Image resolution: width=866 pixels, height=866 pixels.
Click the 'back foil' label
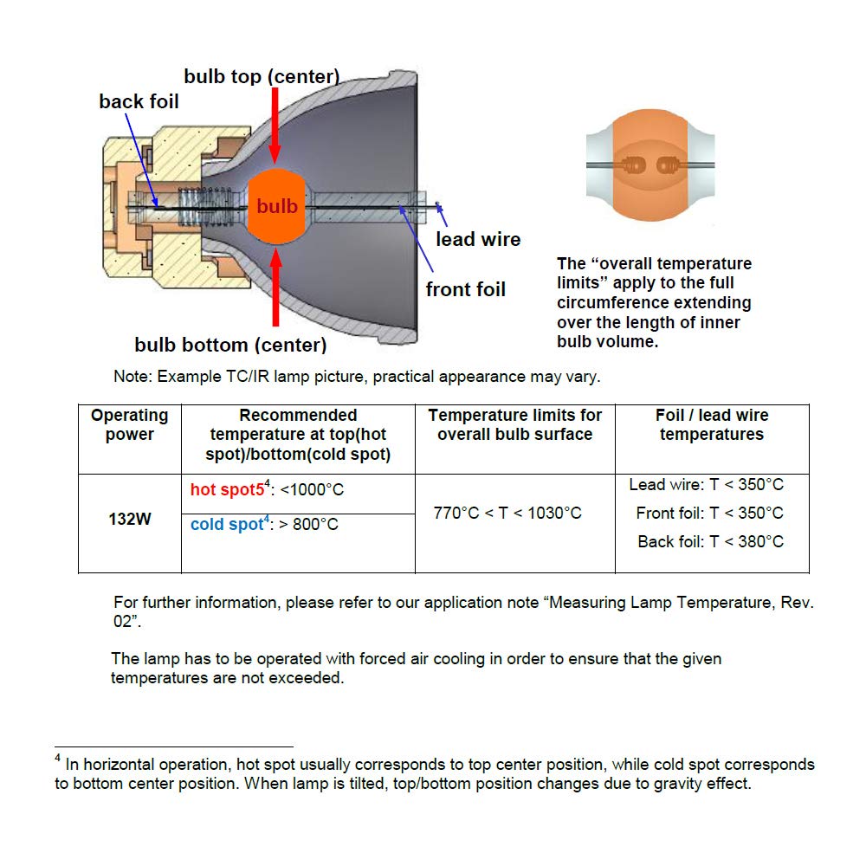139,101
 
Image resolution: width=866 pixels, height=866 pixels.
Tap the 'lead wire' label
478,239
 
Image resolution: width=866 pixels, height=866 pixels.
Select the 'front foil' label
465,289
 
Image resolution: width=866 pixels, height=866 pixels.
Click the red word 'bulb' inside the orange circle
277,206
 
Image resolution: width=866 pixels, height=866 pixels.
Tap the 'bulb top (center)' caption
262,77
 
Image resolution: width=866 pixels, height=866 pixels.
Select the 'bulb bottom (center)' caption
230,345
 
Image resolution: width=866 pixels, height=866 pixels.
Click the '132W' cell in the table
130,520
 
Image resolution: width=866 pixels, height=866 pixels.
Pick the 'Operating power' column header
130,425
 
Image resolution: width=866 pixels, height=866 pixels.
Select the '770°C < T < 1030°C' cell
507,513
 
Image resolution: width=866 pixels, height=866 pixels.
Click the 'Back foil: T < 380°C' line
710,541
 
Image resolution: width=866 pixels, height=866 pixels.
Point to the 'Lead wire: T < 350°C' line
706,485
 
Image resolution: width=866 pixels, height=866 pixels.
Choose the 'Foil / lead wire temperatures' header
712,425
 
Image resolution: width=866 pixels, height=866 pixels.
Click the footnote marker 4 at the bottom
57,759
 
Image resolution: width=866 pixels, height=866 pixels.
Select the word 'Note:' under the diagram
132,378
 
